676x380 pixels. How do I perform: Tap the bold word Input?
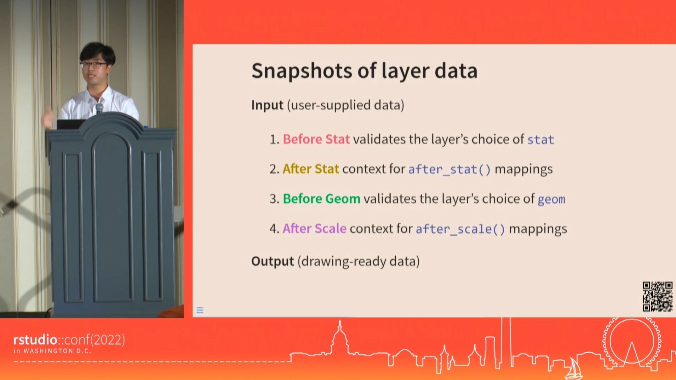pyautogui.click(x=267, y=105)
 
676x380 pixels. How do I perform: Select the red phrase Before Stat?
pyautogui.click(x=316, y=139)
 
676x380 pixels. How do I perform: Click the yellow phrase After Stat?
pyautogui.click(x=311, y=169)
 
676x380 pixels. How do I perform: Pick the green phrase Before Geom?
pyautogui.click(x=321, y=199)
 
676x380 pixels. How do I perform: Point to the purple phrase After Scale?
pyautogui.click(x=314, y=229)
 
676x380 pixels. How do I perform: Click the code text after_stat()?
pyautogui.click(x=449, y=169)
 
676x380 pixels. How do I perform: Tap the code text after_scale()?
pyautogui.click(x=460, y=229)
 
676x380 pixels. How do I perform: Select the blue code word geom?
pyautogui.click(x=551, y=200)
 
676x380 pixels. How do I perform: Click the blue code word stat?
pyautogui.click(x=540, y=140)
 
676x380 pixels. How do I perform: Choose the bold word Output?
pyautogui.click(x=273, y=261)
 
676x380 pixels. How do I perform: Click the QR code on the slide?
pyautogui.click(x=658, y=297)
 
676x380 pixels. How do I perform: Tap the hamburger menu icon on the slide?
pyautogui.click(x=200, y=311)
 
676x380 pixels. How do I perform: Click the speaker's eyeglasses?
pyautogui.click(x=94, y=65)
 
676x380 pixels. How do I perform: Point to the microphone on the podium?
pyautogui.click(x=99, y=108)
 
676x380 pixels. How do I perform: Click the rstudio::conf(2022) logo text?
pyautogui.click(x=69, y=340)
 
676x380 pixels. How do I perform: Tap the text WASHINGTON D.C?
pyautogui.click(x=57, y=351)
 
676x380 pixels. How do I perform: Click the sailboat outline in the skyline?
pyautogui.click(x=573, y=369)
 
